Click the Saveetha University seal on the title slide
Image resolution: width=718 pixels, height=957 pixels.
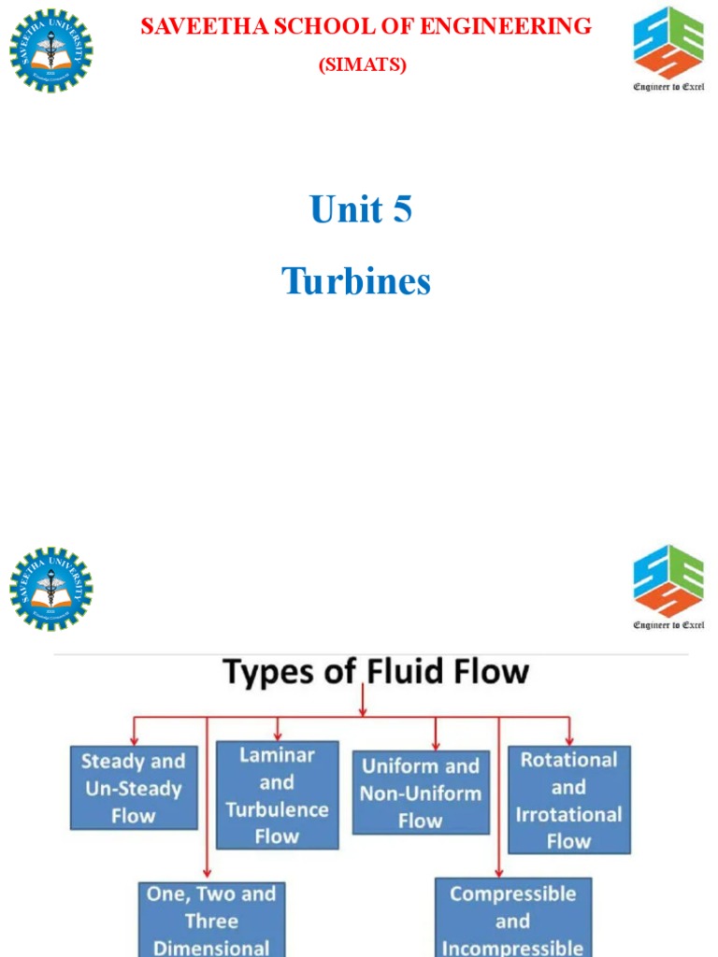pyautogui.click(x=51, y=50)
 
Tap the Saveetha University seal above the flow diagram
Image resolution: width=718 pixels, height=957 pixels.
pyautogui.click(x=51, y=589)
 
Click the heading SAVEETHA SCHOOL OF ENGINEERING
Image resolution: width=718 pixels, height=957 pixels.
pyautogui.click(x=366, y=26)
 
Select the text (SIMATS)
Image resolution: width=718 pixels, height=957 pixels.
pyautogui.click(x=363, y=64)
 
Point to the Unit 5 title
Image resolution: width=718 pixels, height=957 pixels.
pyautogui.click(x=361, y=209)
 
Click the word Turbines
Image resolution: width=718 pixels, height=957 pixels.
pyautogui.click(x=356, y=280)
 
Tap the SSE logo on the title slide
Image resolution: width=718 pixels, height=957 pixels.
pyautogui.click(x=668, y=42)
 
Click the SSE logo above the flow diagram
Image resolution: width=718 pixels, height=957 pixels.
pyautogui.click(x=668, y=580)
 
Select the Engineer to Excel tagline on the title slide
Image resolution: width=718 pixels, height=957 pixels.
pyautogui.click(x=668, y=86)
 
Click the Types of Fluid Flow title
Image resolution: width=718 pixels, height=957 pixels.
pyautogui.click(x=375, y=672)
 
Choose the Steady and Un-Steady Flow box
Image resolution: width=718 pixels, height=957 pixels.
pyautogui.click(x=134, y=788)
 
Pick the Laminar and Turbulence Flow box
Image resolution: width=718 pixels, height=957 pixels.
pyautogui.click(x=277, y=795)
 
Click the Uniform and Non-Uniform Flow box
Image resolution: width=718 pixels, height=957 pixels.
pyautogui.click(x=421, y=793)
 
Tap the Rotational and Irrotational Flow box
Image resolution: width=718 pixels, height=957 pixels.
pyautogui.click(x=568, y=799)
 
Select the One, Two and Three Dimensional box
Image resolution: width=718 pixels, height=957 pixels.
pyautogui.click(x=211, y=920)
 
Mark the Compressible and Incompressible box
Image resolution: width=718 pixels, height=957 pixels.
pyautogui.click(x=512, y=920)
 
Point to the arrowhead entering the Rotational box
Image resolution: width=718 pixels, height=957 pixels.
pyautogui.click(x=568, y=740)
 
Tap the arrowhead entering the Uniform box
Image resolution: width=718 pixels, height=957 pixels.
pyautogui.click(x=436, y=746)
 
